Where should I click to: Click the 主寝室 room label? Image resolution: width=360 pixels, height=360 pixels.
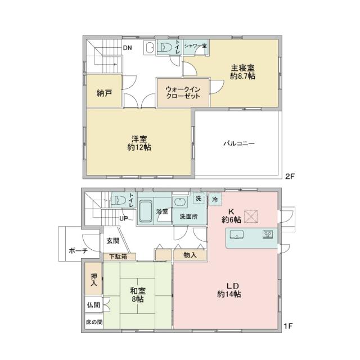coord(242,68)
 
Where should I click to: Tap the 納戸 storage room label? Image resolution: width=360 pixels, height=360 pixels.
coord(104,93)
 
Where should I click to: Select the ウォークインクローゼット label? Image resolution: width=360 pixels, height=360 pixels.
coord(183,92)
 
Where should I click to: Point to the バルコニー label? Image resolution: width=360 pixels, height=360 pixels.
coord(239,144)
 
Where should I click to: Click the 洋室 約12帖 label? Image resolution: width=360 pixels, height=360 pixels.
coord(139,143)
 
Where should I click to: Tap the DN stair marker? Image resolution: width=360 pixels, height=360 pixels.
coord(128,48)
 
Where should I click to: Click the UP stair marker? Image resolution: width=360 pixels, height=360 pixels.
coord(124,218)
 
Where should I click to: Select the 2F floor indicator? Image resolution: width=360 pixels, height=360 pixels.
coord(290,176)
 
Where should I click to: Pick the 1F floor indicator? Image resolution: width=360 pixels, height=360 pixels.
coord(288,326)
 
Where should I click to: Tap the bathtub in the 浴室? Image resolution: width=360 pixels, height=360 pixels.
coord(145,211)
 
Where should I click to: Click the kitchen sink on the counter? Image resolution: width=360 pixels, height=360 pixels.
coord(236,235)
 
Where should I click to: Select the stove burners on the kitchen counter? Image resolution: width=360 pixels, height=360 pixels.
coord(267,234)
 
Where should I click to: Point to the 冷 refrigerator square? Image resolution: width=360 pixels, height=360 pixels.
coord(215,199)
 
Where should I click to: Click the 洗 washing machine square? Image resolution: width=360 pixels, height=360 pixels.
coord(198,198)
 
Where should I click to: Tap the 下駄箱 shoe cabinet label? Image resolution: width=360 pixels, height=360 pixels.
coord(118,256)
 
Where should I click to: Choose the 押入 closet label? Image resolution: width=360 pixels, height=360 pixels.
coord(94,280)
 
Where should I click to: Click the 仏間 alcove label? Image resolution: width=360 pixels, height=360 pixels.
coord(94,305)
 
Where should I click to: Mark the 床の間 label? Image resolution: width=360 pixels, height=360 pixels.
coord(94,322)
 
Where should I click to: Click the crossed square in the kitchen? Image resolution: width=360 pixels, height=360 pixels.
coord(251,216)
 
